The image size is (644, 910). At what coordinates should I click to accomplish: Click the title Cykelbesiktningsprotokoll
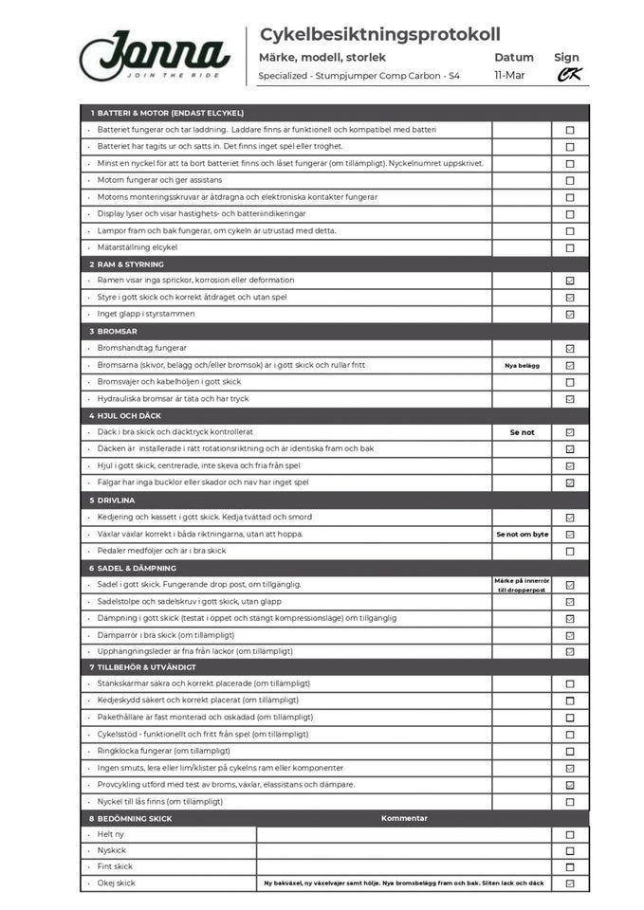pos(379,35)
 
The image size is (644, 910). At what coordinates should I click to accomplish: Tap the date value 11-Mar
pos(508,75)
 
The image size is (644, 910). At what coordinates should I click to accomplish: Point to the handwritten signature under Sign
pos(569,75)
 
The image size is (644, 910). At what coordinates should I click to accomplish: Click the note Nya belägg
pos(522,365)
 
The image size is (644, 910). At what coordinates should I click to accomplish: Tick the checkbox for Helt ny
pos(570,835)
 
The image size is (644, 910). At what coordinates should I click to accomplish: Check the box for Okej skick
pos(570,883)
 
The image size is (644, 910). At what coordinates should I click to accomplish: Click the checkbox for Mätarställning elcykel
pos(570,248)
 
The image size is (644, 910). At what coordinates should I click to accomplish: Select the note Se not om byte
pos(522,535)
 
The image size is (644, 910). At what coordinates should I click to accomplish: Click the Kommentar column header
pos(404,818)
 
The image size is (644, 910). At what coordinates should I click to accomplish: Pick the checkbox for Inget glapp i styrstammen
pos(570,314)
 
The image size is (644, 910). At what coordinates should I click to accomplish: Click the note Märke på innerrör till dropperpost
pos(522,585)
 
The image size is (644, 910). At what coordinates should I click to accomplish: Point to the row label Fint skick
pos(115,866)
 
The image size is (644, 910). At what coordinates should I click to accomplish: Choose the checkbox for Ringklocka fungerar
pos(570,752)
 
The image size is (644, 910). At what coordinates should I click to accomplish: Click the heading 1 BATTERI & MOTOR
pos(167,113)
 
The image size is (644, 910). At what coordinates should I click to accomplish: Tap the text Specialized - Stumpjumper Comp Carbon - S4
pos(359,75)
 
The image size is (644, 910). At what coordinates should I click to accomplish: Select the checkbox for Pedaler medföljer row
pos(570,551)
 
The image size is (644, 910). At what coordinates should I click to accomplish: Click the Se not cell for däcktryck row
pos(522,432)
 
